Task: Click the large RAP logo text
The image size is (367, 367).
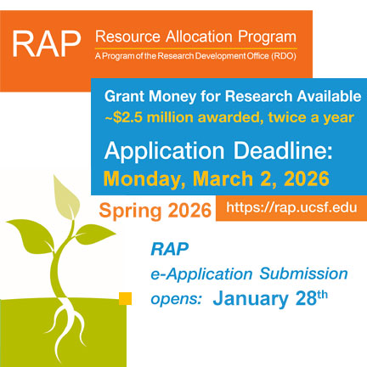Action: click(47, 44)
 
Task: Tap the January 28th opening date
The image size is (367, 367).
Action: click(270, 298)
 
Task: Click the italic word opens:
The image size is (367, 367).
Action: click(177, 299)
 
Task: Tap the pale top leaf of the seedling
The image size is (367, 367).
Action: click(65, 197)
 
